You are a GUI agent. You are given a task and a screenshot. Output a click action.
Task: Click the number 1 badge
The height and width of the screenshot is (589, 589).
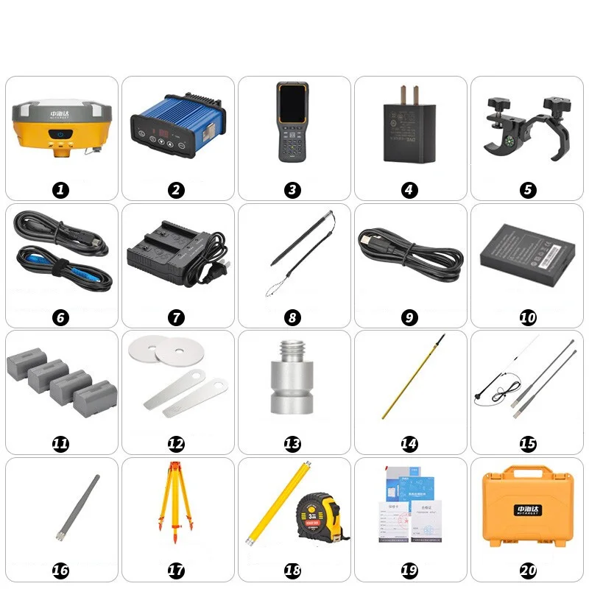point(61,190)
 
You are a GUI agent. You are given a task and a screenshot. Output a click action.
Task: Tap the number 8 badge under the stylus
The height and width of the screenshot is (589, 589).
point(293,317)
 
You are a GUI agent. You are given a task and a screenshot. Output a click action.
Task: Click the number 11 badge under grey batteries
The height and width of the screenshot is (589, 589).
point(61,444)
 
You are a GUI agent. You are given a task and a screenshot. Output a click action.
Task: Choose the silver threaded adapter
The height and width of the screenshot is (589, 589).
point(293,384)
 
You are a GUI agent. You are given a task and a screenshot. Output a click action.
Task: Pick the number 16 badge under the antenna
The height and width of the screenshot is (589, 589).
point(61,571)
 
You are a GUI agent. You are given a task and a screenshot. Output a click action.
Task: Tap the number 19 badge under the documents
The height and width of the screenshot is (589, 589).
point(409,571)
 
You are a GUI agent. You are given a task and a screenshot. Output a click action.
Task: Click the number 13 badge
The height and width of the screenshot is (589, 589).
point(293,444)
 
